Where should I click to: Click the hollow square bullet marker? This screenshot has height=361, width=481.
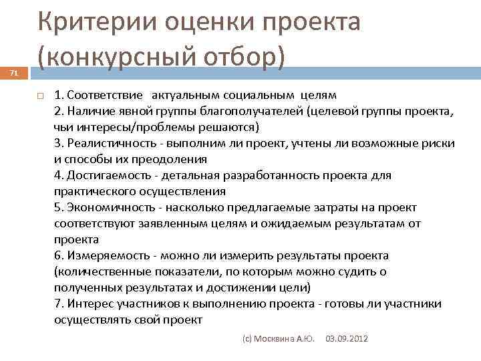[40, 95]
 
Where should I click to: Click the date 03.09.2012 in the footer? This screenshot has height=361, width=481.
[347, 340]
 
